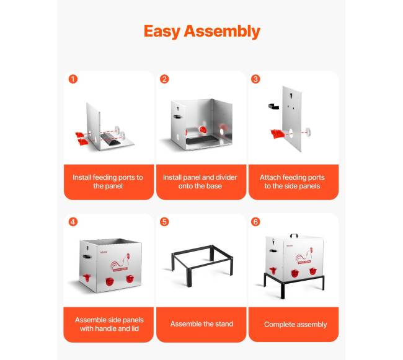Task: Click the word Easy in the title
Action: click(162, 32)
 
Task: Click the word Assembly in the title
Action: click(222, 32)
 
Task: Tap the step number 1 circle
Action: click(73, 79)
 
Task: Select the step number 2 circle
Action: click(164, 79)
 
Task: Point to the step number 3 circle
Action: click(255, 79)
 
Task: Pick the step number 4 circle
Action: click(73, 222)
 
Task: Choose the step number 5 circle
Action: click(164, 222)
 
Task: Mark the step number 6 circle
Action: click(255, 222)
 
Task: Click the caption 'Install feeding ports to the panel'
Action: click(108, 182)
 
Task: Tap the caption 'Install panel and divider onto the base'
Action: click(200, 182)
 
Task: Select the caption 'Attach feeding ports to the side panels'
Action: click(292, 182)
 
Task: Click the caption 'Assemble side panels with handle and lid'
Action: click(109, 324)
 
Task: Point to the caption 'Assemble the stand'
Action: click(201, 324)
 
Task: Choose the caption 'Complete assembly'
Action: click(295, 325)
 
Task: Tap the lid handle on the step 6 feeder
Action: click(294, 235)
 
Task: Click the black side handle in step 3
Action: click(273, 106)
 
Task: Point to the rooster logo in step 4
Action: click(120, 263)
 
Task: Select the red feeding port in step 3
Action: click(277, 133)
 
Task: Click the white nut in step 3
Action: click(308, 132)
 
